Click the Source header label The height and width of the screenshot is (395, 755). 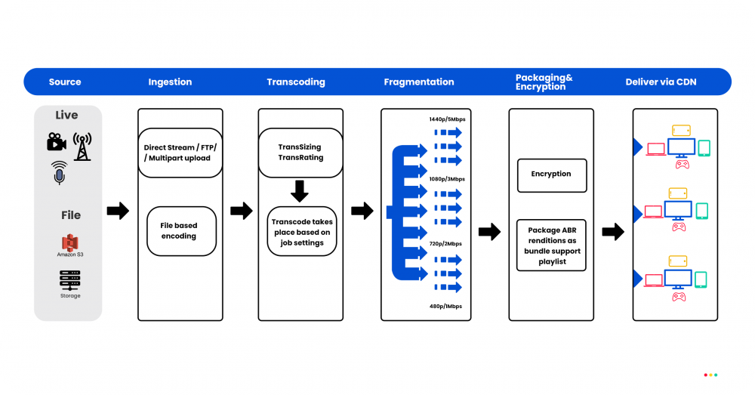64,82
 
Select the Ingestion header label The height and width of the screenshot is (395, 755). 170,82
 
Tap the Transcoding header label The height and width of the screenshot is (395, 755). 296,82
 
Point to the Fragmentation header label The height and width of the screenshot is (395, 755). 419,82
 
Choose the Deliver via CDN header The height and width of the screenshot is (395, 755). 661,82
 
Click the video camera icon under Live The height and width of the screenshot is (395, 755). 55,142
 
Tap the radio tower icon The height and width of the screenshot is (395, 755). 82,145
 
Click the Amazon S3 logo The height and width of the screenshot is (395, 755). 70,242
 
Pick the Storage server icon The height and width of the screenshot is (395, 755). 70,280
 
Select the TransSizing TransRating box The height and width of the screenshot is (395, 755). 300,153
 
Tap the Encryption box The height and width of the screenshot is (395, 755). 551,174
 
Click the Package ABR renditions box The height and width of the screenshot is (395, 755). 551,245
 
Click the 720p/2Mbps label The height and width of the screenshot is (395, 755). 445,244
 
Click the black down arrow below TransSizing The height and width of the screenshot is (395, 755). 300,191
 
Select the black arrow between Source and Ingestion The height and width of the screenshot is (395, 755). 118,211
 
